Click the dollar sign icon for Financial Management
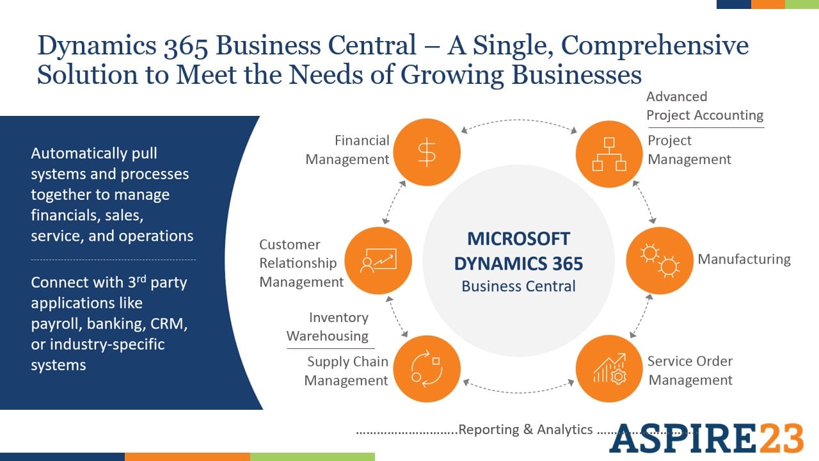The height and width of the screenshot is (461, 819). [x=426, y=152]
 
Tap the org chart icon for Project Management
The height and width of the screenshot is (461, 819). [x=608, y=153]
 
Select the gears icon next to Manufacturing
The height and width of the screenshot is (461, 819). [x=659, y=260]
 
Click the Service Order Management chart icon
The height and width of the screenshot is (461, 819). [x=608, y=368]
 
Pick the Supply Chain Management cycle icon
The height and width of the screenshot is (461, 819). [x=426, y=368]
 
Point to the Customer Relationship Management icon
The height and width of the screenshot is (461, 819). [x=378, y=260]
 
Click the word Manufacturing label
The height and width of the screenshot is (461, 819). [x=743, y=259]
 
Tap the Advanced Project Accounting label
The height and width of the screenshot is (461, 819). [x=704, y=106]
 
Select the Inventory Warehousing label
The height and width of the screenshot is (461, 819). [x=328, y=327]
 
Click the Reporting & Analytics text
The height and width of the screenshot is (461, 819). [x=525, y=430]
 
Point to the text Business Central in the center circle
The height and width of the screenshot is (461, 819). [x=518, y=286]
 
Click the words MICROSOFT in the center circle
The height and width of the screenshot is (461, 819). [x=518, y=238]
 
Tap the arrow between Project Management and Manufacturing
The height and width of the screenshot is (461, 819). [x=643, y=202]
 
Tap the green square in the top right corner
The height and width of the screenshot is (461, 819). [x=802, y=4]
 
